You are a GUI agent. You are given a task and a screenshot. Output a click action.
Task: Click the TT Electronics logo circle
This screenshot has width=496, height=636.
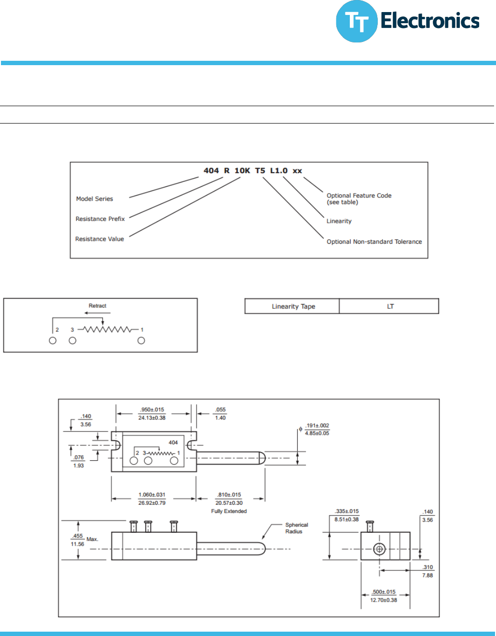tap(357, 21)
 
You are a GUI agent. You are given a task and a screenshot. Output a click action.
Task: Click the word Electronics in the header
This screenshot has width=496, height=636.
tap(430, 21)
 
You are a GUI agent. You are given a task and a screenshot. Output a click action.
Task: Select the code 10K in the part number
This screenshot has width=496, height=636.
tap(242, 171)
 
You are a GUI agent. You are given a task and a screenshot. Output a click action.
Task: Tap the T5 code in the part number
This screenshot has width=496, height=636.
tap(260, 171)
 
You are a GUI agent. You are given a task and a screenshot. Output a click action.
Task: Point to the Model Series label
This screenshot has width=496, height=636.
tap(95, 199)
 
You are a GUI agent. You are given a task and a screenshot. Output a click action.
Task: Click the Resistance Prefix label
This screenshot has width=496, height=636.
tap(100, 219)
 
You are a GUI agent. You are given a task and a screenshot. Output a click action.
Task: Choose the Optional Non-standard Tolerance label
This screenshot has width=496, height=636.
tap(374, 242)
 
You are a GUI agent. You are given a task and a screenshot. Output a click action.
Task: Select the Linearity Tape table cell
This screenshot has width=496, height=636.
tap(293, 306)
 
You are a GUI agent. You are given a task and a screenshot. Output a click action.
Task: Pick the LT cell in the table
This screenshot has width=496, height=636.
tap(390, 306)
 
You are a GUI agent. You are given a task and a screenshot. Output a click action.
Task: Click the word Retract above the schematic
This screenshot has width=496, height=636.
tap(97, 306)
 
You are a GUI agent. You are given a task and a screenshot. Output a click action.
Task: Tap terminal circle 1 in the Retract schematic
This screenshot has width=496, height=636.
tap(141, 341)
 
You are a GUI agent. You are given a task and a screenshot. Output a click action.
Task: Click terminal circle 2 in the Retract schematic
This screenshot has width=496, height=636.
tap(53, 341)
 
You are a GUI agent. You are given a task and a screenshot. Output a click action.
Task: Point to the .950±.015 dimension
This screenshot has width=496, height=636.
tap(152, 410)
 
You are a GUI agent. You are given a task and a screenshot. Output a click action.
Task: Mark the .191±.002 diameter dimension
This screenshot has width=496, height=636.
tap(317, 426)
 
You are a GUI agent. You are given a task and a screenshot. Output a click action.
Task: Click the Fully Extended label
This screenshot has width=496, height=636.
tap(229, 512)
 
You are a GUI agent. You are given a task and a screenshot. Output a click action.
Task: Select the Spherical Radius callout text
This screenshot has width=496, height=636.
tap(296, 528)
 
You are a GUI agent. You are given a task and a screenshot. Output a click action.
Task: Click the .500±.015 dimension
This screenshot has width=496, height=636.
tap(384, 592)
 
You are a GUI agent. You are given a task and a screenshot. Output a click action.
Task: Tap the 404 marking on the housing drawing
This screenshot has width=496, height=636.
tap(173, 442)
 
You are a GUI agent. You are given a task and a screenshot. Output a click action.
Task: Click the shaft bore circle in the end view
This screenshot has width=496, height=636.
tap(379, 549)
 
